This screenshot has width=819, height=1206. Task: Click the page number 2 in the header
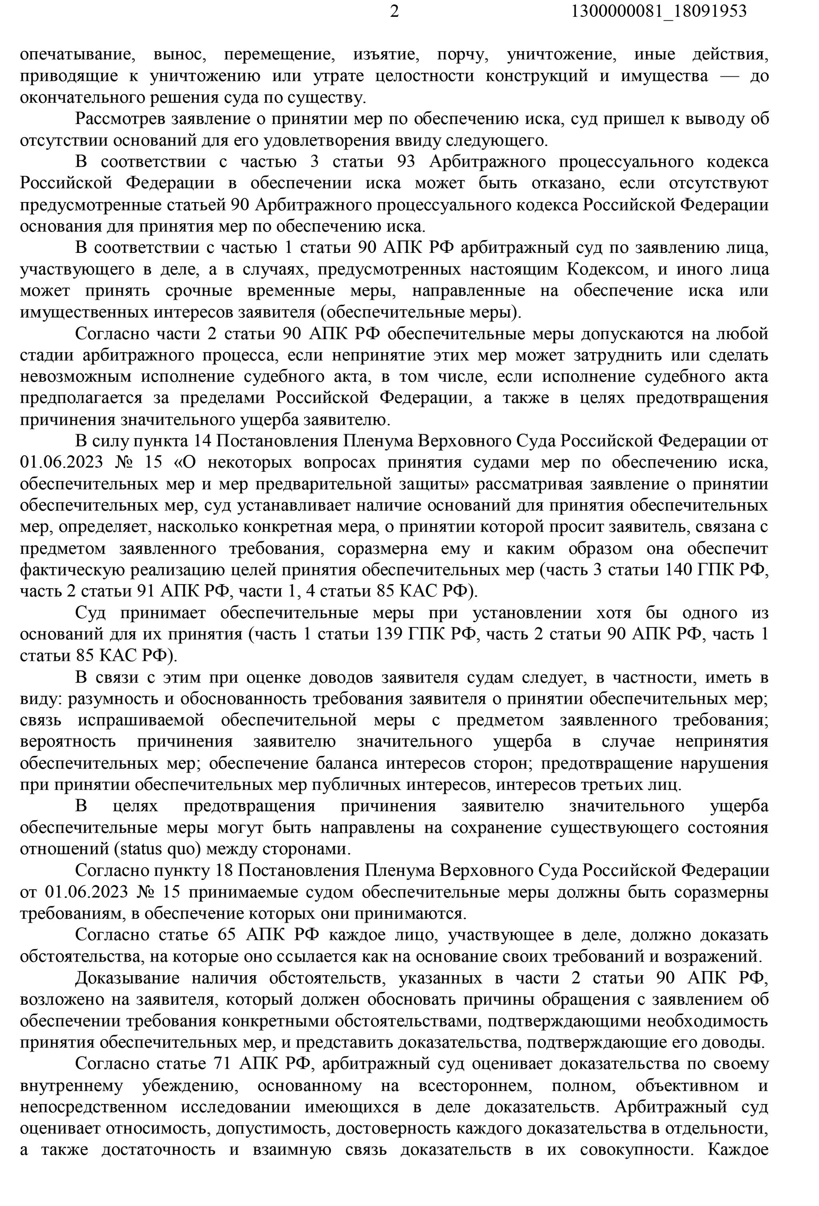click(x=394, y=12)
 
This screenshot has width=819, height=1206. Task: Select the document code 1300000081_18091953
click(x=659, y=12)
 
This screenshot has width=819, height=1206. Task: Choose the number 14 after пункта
click(x=203, y=441)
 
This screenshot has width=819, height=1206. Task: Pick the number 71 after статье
click(x=225, y=1064)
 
